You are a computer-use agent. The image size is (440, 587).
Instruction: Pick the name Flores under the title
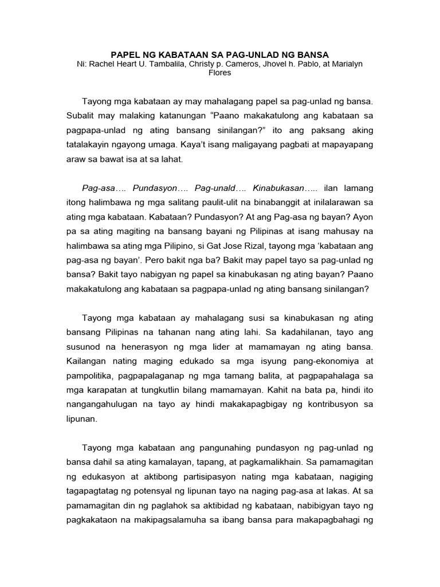tap(220, 73)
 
